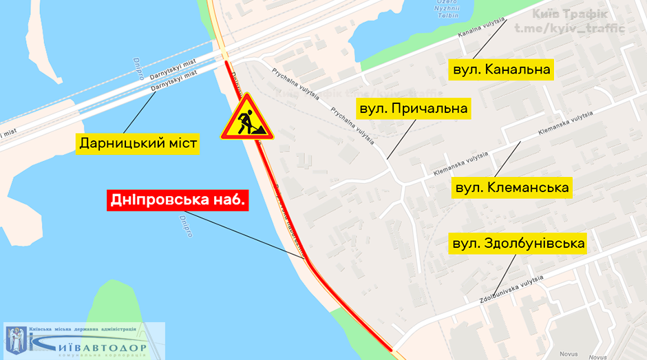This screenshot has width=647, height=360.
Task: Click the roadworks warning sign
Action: point(246,119)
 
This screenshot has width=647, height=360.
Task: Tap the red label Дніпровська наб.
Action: point(178,200)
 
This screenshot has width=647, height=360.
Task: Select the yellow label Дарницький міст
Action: point(138,144)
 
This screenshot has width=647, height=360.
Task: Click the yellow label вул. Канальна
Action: point(501,70)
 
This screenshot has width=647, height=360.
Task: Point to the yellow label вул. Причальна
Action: point(412,109)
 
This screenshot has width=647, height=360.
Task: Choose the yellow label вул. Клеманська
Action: point(513,188)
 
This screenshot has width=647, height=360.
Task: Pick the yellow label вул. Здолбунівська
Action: point(518,244)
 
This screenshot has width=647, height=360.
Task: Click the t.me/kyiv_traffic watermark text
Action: point(569,29)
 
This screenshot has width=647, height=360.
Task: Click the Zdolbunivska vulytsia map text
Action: point(512,290)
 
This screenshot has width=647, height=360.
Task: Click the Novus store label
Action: point(569,354)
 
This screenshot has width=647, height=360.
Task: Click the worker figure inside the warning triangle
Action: point(246,123)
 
